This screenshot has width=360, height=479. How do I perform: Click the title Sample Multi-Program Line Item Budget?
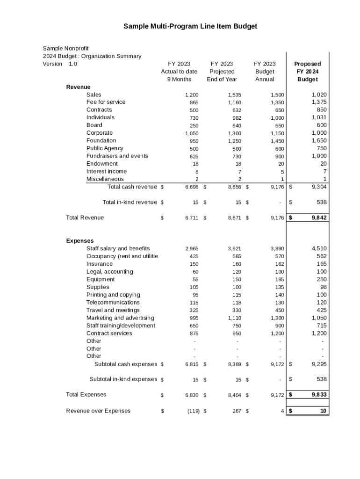click(x=190, y=27)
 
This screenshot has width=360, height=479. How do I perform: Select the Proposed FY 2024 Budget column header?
click(x=307, y=72)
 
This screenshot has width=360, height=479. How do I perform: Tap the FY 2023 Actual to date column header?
click(x=179, y=72)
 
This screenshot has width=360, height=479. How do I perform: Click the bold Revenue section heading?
click(x=78, y=87)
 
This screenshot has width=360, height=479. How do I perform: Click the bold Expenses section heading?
click(x=80, y=241)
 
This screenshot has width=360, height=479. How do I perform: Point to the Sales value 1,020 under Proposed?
click(x=319, y=94)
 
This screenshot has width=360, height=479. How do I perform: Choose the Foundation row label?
click(x=101, y=140)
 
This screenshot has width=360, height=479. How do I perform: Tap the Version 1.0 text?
click(x=60, y=64)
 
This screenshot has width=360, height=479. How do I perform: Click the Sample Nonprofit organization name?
click(x=65, y=48)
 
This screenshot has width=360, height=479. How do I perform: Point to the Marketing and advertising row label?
click(x=120, y=318)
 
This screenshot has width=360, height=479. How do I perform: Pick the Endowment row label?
click(x=102, y=164)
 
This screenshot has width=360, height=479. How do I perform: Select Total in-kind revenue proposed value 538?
click(x=320, y=203)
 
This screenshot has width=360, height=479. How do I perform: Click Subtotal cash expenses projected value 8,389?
click(x=234, y=364)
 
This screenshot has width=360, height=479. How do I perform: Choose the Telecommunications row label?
click(x=113, y=303)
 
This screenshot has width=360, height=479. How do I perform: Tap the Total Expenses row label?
click(x=86, y=395)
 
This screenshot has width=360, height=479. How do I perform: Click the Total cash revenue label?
click(x=132, y=187)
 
